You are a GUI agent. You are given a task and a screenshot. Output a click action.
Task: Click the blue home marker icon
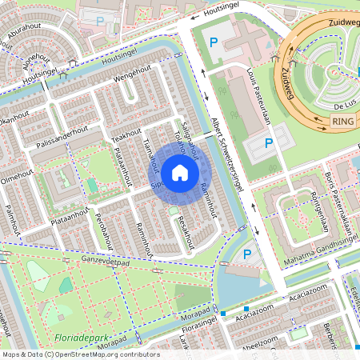click(180, 171)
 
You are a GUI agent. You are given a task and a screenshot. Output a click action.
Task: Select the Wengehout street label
click(131, 78)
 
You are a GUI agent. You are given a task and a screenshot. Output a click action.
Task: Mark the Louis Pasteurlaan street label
click(258, 97)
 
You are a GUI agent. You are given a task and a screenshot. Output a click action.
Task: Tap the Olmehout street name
click(16, 175)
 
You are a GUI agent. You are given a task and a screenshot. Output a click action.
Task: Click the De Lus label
click(345, 104)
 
